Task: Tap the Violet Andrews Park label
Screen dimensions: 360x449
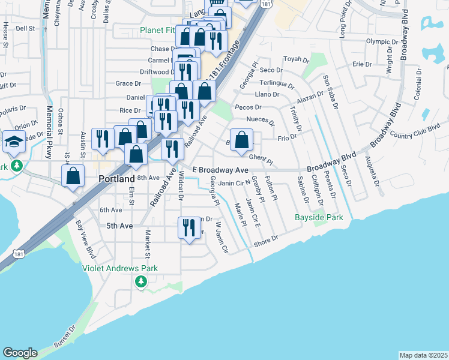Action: tap(120, 268)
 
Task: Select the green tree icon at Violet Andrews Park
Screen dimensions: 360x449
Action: tap(140, 281)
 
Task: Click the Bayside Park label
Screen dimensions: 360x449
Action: tap(319, 217)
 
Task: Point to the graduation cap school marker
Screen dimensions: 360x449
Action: tap(14, 142)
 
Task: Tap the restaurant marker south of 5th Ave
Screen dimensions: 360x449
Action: tap(188, 227)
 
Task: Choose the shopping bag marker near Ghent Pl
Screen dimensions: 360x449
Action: tap(241, 140)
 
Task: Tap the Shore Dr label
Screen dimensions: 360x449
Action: tap(266, 239)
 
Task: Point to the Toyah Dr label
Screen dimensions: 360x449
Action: tap(295, 59)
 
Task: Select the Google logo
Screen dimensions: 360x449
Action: tap(20, 353)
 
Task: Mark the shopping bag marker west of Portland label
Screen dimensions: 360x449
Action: tap(73, 177)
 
